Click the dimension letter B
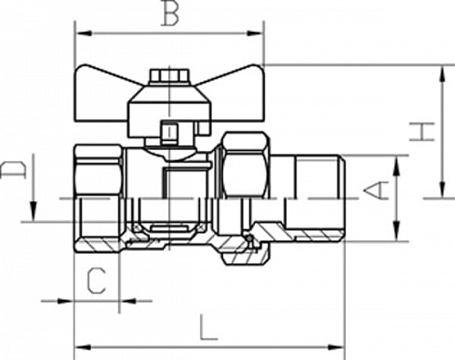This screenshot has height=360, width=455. click(x=169, y=13)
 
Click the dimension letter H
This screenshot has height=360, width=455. click(x=422, y=132)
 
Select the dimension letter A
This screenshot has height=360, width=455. click(x=376, y=190)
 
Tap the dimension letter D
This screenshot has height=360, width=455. click(x=13, y=170)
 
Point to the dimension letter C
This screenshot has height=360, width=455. click(x=96, y=281)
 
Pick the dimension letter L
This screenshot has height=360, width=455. click(x=208, y=327)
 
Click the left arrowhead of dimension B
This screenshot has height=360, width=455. click(x=84, y=33)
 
